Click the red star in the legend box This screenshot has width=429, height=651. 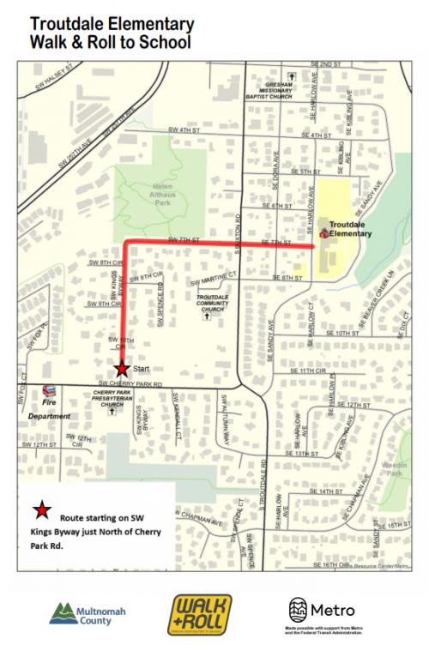(40, 512)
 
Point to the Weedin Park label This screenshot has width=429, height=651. (394, 467)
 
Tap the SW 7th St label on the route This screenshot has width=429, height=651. (184, 239)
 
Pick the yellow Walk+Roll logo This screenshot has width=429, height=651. (199, 614)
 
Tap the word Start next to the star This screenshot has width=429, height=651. (141, 368)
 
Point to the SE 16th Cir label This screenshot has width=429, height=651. (330, 565)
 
